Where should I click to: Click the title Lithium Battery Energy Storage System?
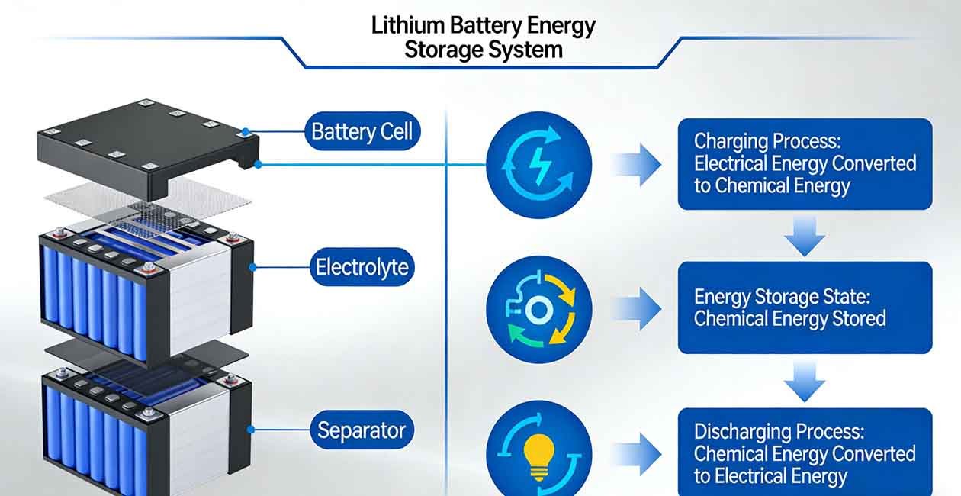click(483, 37)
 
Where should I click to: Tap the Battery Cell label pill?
click(362, 131)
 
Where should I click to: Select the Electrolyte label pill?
click(362, 267)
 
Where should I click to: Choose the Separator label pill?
click(362, 430)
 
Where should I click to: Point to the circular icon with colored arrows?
click(538, 309)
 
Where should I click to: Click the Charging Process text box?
click(805, 164)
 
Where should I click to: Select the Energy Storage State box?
click(805, 308)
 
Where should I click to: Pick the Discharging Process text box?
click(805, 453)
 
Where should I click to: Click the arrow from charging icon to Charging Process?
click(638, 164)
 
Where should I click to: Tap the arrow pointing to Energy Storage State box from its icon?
click(636, 309)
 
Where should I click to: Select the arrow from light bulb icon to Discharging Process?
click(636, 456)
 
